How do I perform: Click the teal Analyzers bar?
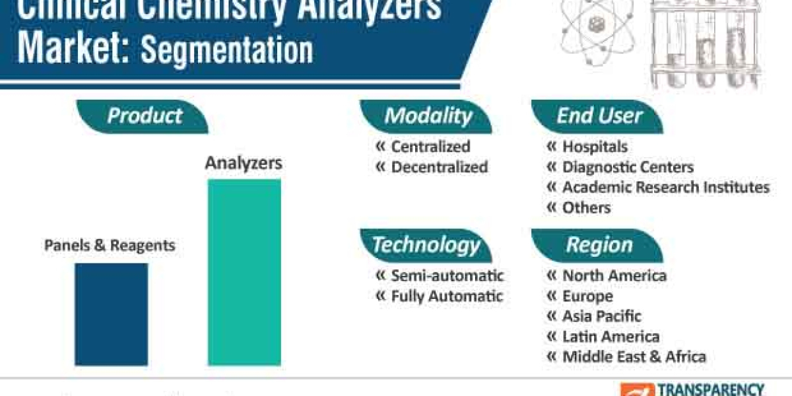[244, 272]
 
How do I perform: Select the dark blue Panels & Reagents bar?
[111, 314]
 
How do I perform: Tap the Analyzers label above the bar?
[244, 163]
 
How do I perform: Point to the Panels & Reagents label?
[110, 246]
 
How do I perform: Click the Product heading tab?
[144, 116]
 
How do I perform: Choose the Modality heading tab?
[428, 116]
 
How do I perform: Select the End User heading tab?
[599, 116]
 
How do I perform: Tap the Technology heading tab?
[426, 245]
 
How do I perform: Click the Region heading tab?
[599, 245]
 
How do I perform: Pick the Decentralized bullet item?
[439, 168]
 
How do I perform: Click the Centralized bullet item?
[430, 147]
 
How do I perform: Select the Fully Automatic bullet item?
[447, 296]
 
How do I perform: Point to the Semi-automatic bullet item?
[447, 275]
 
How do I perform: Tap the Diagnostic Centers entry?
[628, 168]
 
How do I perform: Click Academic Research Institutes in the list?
[665, 187]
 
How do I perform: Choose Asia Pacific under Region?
[601, 316]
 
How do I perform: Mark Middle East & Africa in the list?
[634, 357]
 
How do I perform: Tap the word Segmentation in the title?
[226, 51]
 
